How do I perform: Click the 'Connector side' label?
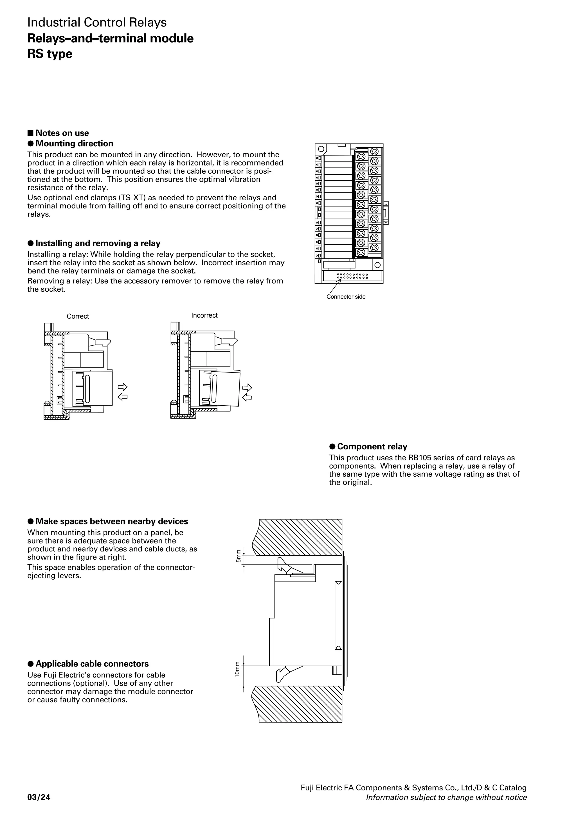(x=346, y=297)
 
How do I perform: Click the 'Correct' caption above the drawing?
(x=78, y=316)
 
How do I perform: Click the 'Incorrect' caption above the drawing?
(x=204, y=315)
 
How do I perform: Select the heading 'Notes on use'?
(x=62, y=133)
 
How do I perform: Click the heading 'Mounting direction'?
(x=74, y=144)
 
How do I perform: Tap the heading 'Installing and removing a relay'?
(x=98, y=243)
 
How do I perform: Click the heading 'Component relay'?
(x=372, y=446)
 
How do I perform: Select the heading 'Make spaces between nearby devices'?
(x=111, y=521)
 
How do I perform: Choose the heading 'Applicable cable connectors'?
(x=92, y=664)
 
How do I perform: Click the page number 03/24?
(x=39, y=797)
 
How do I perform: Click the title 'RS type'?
(x=50, y=54)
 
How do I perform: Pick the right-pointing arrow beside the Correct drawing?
(x=122, y=386)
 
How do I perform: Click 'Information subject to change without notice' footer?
(x=446, y=797)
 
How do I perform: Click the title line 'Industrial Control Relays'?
(x=97, y=22)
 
